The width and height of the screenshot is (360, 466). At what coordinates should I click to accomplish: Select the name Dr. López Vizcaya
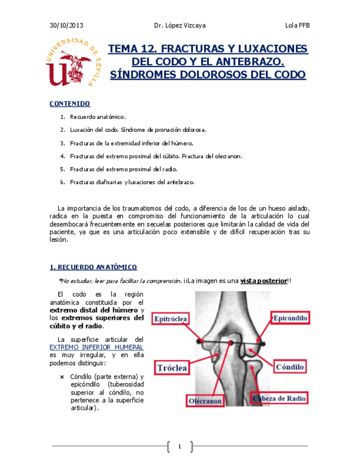click(x=180, y=25)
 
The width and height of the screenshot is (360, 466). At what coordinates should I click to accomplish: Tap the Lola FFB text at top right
click(x=297, y=25)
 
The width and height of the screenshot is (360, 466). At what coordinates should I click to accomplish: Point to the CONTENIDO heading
click(x=69, y=103)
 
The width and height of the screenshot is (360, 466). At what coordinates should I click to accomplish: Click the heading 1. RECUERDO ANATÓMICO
click(x=93, y=267)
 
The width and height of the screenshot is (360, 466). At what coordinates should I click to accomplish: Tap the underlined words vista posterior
click(x=263, y=281)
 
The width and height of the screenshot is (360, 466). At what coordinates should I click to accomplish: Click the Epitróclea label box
click(x=171, y=319)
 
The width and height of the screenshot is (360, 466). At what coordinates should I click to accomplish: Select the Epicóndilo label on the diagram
click(x=290, y=318)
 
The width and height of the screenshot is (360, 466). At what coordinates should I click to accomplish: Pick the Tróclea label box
click(x=173, y=368)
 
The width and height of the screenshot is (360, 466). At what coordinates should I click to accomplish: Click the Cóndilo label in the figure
click(x=290, y=366)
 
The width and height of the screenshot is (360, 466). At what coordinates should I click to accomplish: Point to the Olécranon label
click(x=205, y=401)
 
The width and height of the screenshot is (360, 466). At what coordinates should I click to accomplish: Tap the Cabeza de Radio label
click(x=279, y=398)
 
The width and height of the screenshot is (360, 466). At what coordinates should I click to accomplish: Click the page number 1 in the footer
click(x=179, y=446)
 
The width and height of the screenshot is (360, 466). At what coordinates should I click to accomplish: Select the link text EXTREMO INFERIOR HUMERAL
click(x=96, y=347)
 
